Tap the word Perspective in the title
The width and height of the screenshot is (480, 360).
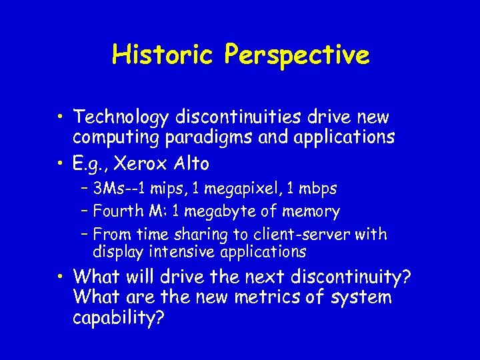[x=297, y=55]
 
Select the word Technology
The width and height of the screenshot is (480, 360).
[x=121, y=117]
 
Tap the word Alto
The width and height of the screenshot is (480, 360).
[x=191, y=163]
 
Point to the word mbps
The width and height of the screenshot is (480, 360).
[x=318, y=189]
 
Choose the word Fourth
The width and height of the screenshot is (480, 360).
[x=117, y=212]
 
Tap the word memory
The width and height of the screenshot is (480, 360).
[x=311, y=212]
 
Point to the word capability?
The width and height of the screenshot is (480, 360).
[x=119, y=318]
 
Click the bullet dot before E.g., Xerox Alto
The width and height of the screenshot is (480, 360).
[x=61, y=164]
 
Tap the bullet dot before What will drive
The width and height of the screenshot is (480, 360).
[x=61, y=277]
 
